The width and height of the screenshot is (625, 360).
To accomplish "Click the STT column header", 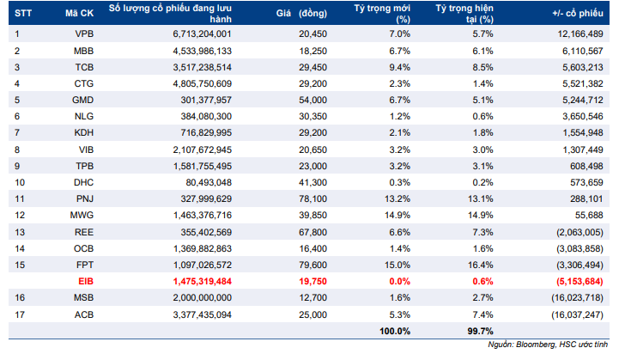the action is coord(23,13).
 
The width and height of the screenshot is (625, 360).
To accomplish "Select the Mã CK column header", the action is coord(79,13).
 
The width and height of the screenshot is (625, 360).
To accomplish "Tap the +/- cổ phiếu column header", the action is coord(578,13).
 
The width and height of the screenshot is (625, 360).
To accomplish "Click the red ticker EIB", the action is coord(86,281).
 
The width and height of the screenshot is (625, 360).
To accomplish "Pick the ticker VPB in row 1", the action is coord(84,34).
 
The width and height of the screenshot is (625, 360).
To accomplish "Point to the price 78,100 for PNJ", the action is coord(312,198).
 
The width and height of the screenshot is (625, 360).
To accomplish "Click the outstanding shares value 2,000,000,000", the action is coord(202,298).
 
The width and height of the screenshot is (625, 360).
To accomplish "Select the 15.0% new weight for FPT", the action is coord(397,265).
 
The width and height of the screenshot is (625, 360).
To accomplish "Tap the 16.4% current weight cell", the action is coord(480,265).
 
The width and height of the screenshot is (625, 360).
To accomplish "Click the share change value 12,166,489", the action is coord(580,34).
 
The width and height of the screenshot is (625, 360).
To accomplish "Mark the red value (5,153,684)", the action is coord(580,281).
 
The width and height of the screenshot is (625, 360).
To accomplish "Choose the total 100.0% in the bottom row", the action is coord(395,332).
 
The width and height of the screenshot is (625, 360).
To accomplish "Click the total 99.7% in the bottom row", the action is coord(480,332).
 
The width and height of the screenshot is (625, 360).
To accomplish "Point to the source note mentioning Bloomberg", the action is coord(548,345).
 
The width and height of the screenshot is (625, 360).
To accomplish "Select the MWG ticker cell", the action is coord(82,215).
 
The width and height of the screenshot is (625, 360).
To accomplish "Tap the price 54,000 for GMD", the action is coord(312,100).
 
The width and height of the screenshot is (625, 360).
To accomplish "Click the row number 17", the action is coord(20,315).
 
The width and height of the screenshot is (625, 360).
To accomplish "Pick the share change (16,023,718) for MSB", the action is coord(578,298).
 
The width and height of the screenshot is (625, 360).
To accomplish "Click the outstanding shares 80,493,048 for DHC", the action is coord(209,182).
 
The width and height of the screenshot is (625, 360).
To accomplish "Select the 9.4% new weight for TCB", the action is coord(400,67).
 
